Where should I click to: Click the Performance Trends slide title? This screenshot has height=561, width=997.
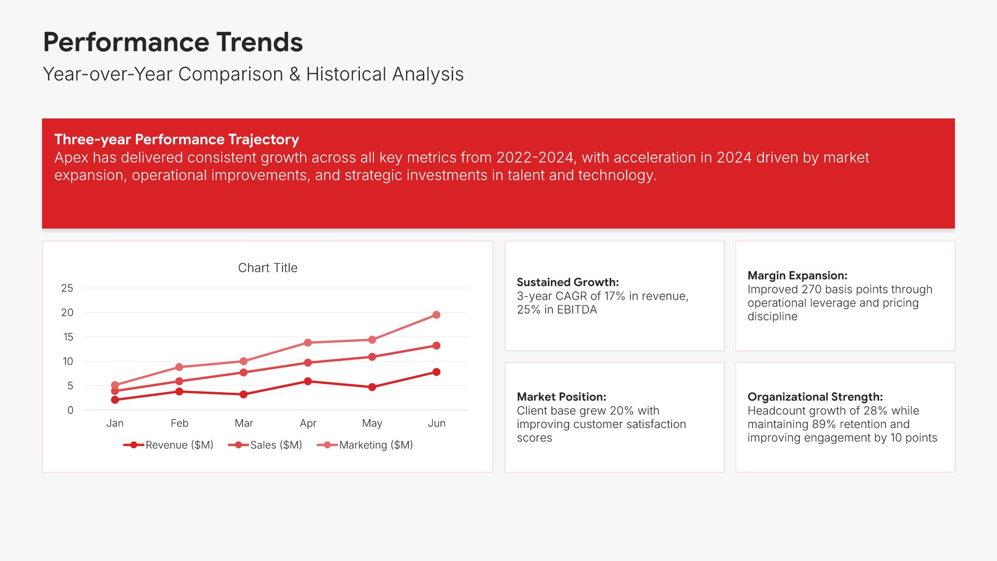coord(173,42)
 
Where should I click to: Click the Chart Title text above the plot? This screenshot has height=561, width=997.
coord(268,268)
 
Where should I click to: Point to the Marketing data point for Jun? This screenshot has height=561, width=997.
coord(436,315)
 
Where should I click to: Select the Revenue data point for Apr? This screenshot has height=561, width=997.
coord(308,381)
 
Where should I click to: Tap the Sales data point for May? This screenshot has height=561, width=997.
coord(372,357)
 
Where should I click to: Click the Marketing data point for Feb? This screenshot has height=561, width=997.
coord(179,367)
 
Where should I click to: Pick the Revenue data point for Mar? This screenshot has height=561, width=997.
coord(244,394)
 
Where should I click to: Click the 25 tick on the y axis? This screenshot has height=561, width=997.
coord(67,288)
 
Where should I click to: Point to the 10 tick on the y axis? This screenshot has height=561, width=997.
coord(68,361)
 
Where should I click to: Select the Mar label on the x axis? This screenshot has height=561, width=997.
coord(244,423)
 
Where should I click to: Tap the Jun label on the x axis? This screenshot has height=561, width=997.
coord(437,423)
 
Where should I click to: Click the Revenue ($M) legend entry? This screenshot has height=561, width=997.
coord(168,445)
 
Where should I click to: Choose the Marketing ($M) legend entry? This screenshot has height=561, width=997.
coord(365,445)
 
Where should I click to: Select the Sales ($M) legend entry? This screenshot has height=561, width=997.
coord(265,445)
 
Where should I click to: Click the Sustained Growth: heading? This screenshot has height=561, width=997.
coord(568,282)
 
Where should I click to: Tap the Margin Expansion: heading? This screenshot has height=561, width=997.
coord(797,275)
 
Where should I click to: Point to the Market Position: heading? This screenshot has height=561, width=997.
coord(561,397)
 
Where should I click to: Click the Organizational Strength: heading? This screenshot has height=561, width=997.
coord(815,397)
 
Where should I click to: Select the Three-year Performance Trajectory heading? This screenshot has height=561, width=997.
coord(177,139)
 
